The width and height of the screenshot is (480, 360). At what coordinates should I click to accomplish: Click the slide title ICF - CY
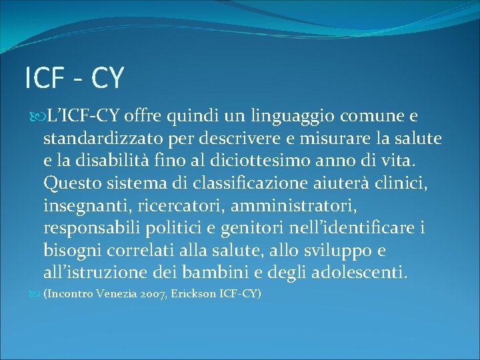point(74,78)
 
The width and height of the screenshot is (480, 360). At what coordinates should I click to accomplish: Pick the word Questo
point(69,183)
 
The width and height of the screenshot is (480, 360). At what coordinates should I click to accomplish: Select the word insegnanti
point(85,205)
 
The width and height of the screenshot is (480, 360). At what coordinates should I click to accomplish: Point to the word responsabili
point(91,227)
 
